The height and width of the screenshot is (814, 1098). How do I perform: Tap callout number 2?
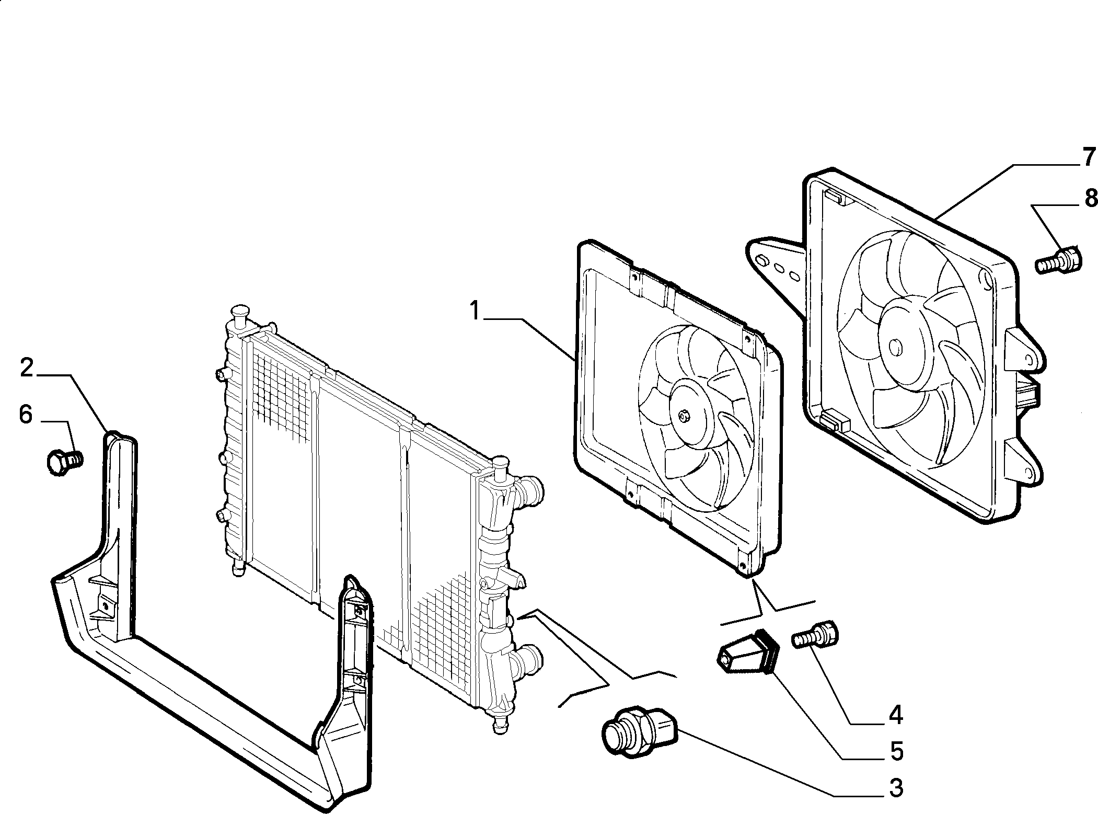pos(27,368)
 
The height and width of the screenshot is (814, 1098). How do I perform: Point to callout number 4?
pos(896,714)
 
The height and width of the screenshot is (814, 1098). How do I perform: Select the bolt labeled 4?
pos(815,634)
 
